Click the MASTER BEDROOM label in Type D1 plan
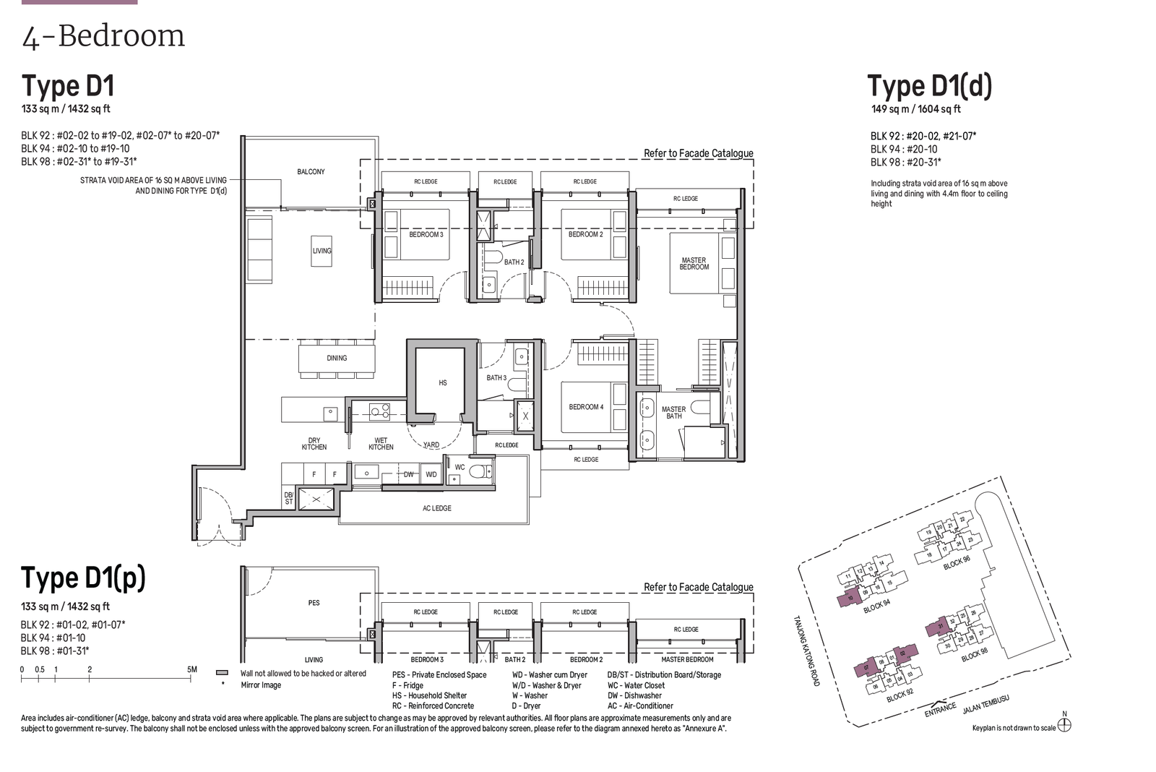[694, 264]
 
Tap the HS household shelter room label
[443, 383]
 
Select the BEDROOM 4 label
[586, 407]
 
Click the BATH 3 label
[496, 378]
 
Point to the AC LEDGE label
[437, 508]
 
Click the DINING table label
[337, 358]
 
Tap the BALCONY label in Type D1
[311, 172]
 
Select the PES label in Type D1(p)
[314, 603]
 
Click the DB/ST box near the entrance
[289, 498]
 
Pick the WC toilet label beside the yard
[460, 467]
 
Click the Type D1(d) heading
[929, 86]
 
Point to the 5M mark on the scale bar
[191, 670]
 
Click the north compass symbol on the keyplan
[1064, 725]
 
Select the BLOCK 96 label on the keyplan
[957, 563]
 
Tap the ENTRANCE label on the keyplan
[941, 710]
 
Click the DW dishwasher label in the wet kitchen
[409, 475]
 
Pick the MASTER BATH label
[673, 413]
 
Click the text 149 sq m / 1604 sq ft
[915, 109]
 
